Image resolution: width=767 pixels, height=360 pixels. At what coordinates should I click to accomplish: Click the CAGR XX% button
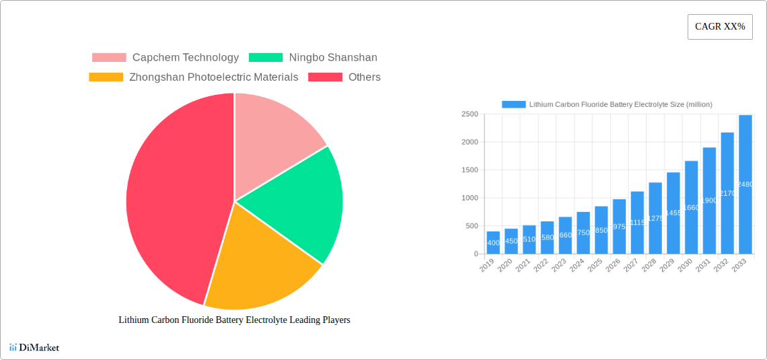[x=720, y=27]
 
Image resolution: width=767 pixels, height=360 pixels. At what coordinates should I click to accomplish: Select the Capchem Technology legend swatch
[x=109, y=58]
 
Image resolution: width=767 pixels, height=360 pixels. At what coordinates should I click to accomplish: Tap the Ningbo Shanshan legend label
[x=333, y=58]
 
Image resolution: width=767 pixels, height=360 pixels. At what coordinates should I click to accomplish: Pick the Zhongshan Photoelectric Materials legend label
[x=213, y=77]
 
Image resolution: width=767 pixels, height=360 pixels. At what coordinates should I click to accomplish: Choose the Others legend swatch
[x=325, y=77]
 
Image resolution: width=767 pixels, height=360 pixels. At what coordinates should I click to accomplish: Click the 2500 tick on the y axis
[x=469, y=115]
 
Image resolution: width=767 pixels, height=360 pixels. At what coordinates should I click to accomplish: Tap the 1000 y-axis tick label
[x=469, y=199]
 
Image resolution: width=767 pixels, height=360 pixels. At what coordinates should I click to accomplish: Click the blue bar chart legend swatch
[x=513, y=104]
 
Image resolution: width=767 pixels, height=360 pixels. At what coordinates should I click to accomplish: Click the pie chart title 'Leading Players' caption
[x=234, y=320]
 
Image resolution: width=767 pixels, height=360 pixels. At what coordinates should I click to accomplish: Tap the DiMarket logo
[x=34, y=348]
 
